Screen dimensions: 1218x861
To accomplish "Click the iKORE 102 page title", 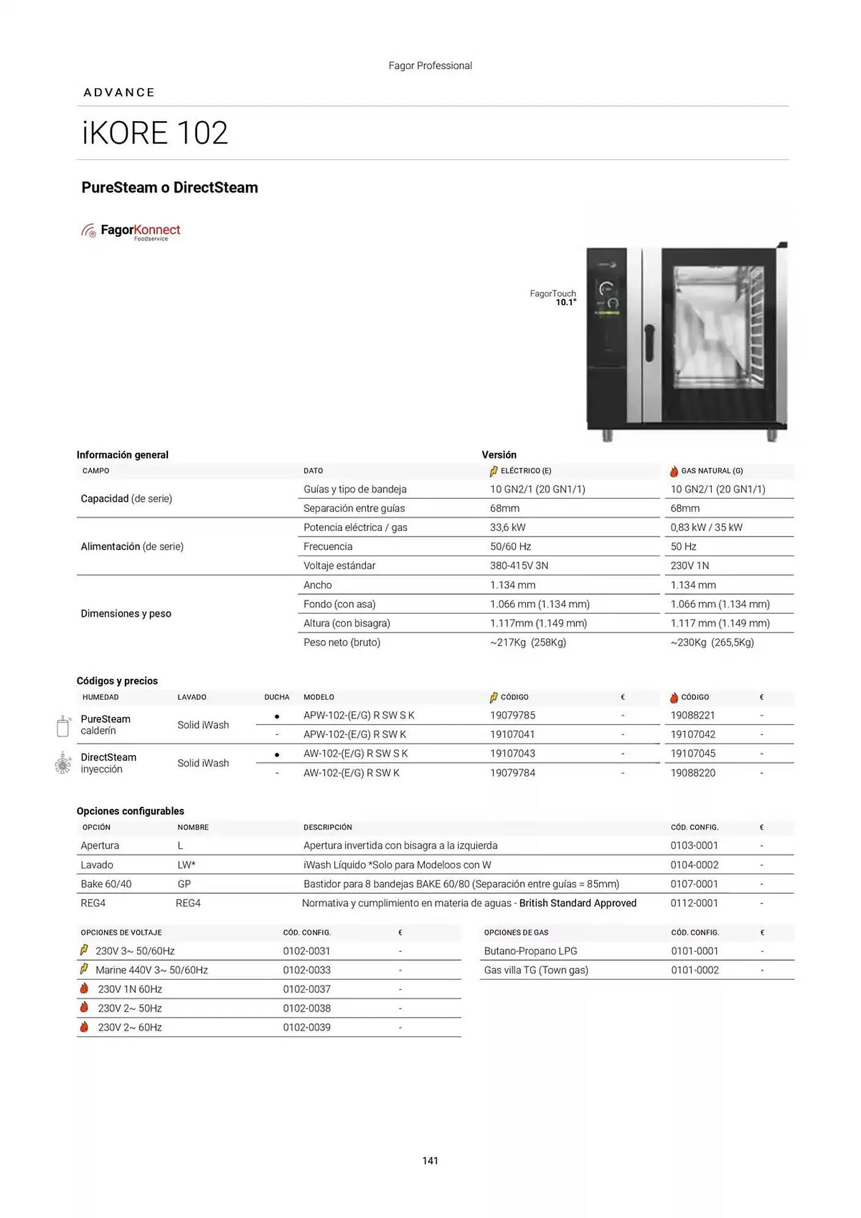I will pos(155,133).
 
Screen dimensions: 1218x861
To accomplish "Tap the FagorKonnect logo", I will pos(132,231).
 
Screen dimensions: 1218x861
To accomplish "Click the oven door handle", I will pos(649,343).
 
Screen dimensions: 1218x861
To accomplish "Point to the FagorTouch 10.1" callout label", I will pos(553,298).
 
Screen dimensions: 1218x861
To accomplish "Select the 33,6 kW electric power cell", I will pos(507,527).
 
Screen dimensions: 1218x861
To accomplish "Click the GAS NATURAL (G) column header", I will pos(711,471).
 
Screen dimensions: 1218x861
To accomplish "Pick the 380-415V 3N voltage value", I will pos(519,566).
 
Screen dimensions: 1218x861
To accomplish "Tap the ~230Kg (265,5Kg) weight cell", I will pos(712,642).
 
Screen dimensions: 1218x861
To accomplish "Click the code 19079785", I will pos(512,716).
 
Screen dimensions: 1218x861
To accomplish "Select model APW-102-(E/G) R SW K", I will pos(354,734).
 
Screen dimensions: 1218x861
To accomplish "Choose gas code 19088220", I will pos(692,773).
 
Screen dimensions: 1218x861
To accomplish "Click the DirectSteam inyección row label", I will pos(108,763).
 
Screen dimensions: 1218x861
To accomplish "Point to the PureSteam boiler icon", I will pos(63,726).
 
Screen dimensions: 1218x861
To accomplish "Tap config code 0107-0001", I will pos(694,884).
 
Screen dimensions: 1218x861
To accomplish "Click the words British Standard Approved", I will pos(577,903).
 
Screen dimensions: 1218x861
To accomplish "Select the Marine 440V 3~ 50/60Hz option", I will pos(152,970).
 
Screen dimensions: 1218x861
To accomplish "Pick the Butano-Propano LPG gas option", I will pos(530,951).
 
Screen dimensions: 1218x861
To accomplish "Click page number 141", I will pos(430,1161).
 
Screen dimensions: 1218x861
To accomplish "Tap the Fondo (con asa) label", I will pos(339,604).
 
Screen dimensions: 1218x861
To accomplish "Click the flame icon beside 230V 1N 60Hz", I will pos(84,988).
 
